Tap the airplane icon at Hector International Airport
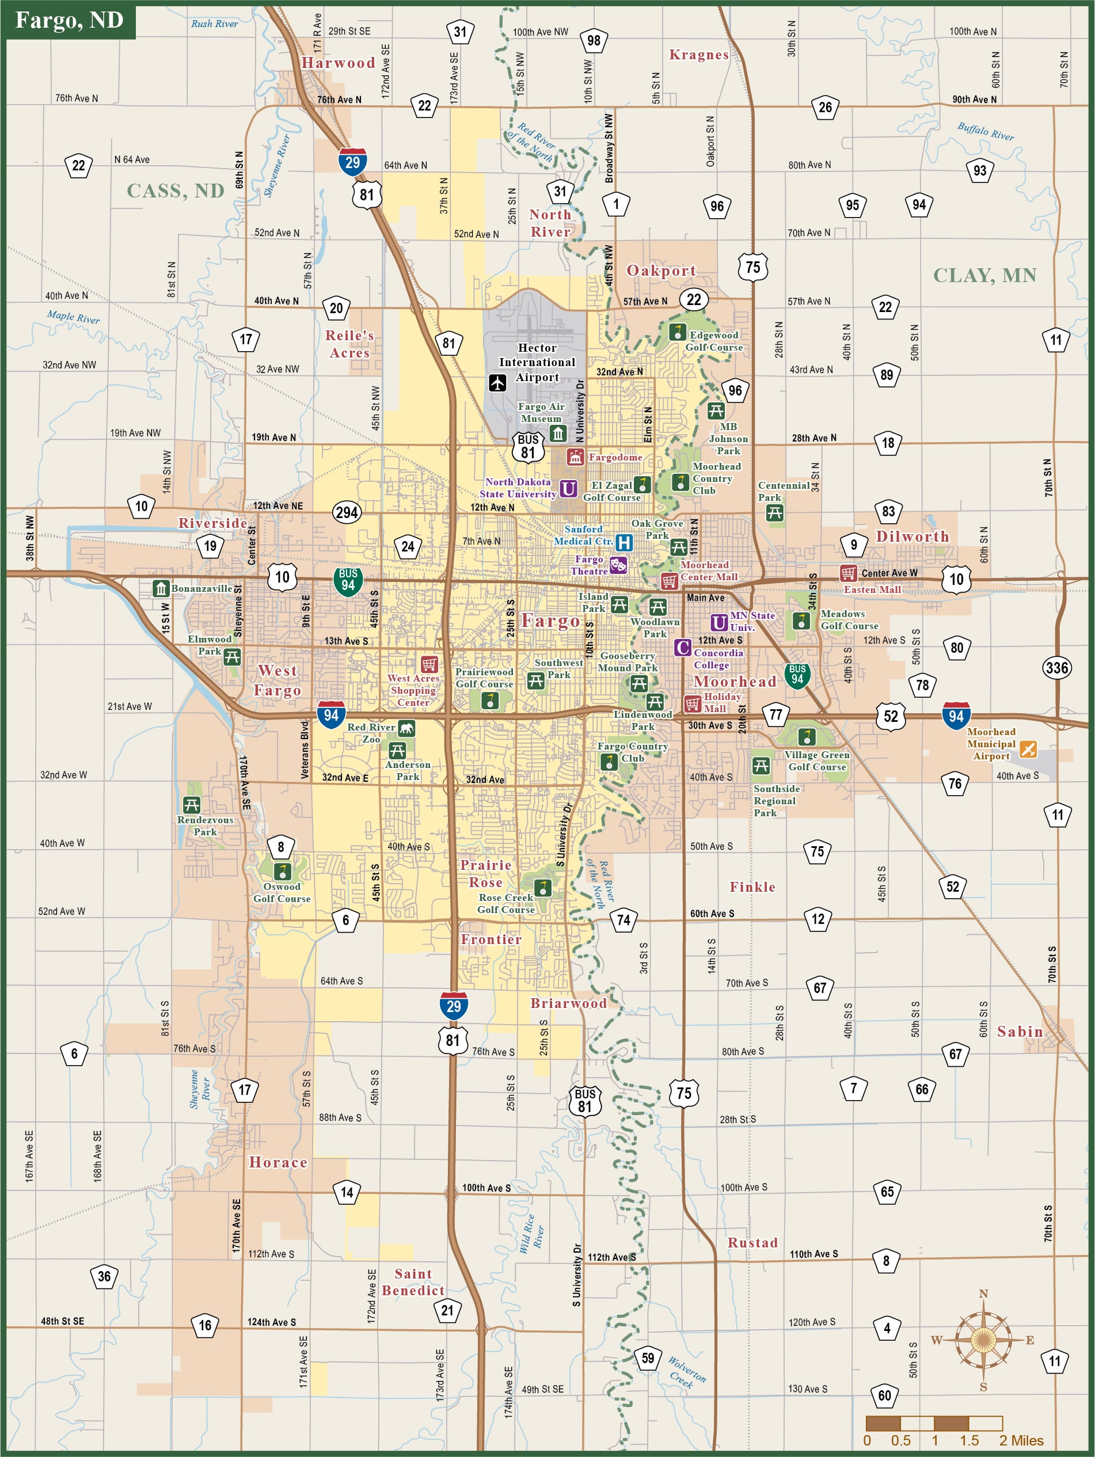point(497,382)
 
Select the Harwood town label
point(338,63)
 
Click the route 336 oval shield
point(1056,667)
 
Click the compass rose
point(982,1339)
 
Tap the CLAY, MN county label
point(984,275)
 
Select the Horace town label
point(278,1163)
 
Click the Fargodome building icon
point(575,456)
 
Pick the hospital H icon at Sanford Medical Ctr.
point(623,542)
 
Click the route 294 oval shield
point(347,512)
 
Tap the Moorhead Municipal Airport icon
point(1027,749)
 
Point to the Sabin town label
point(1019,1032)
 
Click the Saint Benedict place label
point(413,1282)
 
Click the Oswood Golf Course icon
point(282,871)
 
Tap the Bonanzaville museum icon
point(161,588)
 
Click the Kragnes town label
point(698,55)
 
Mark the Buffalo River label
point(985,131)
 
